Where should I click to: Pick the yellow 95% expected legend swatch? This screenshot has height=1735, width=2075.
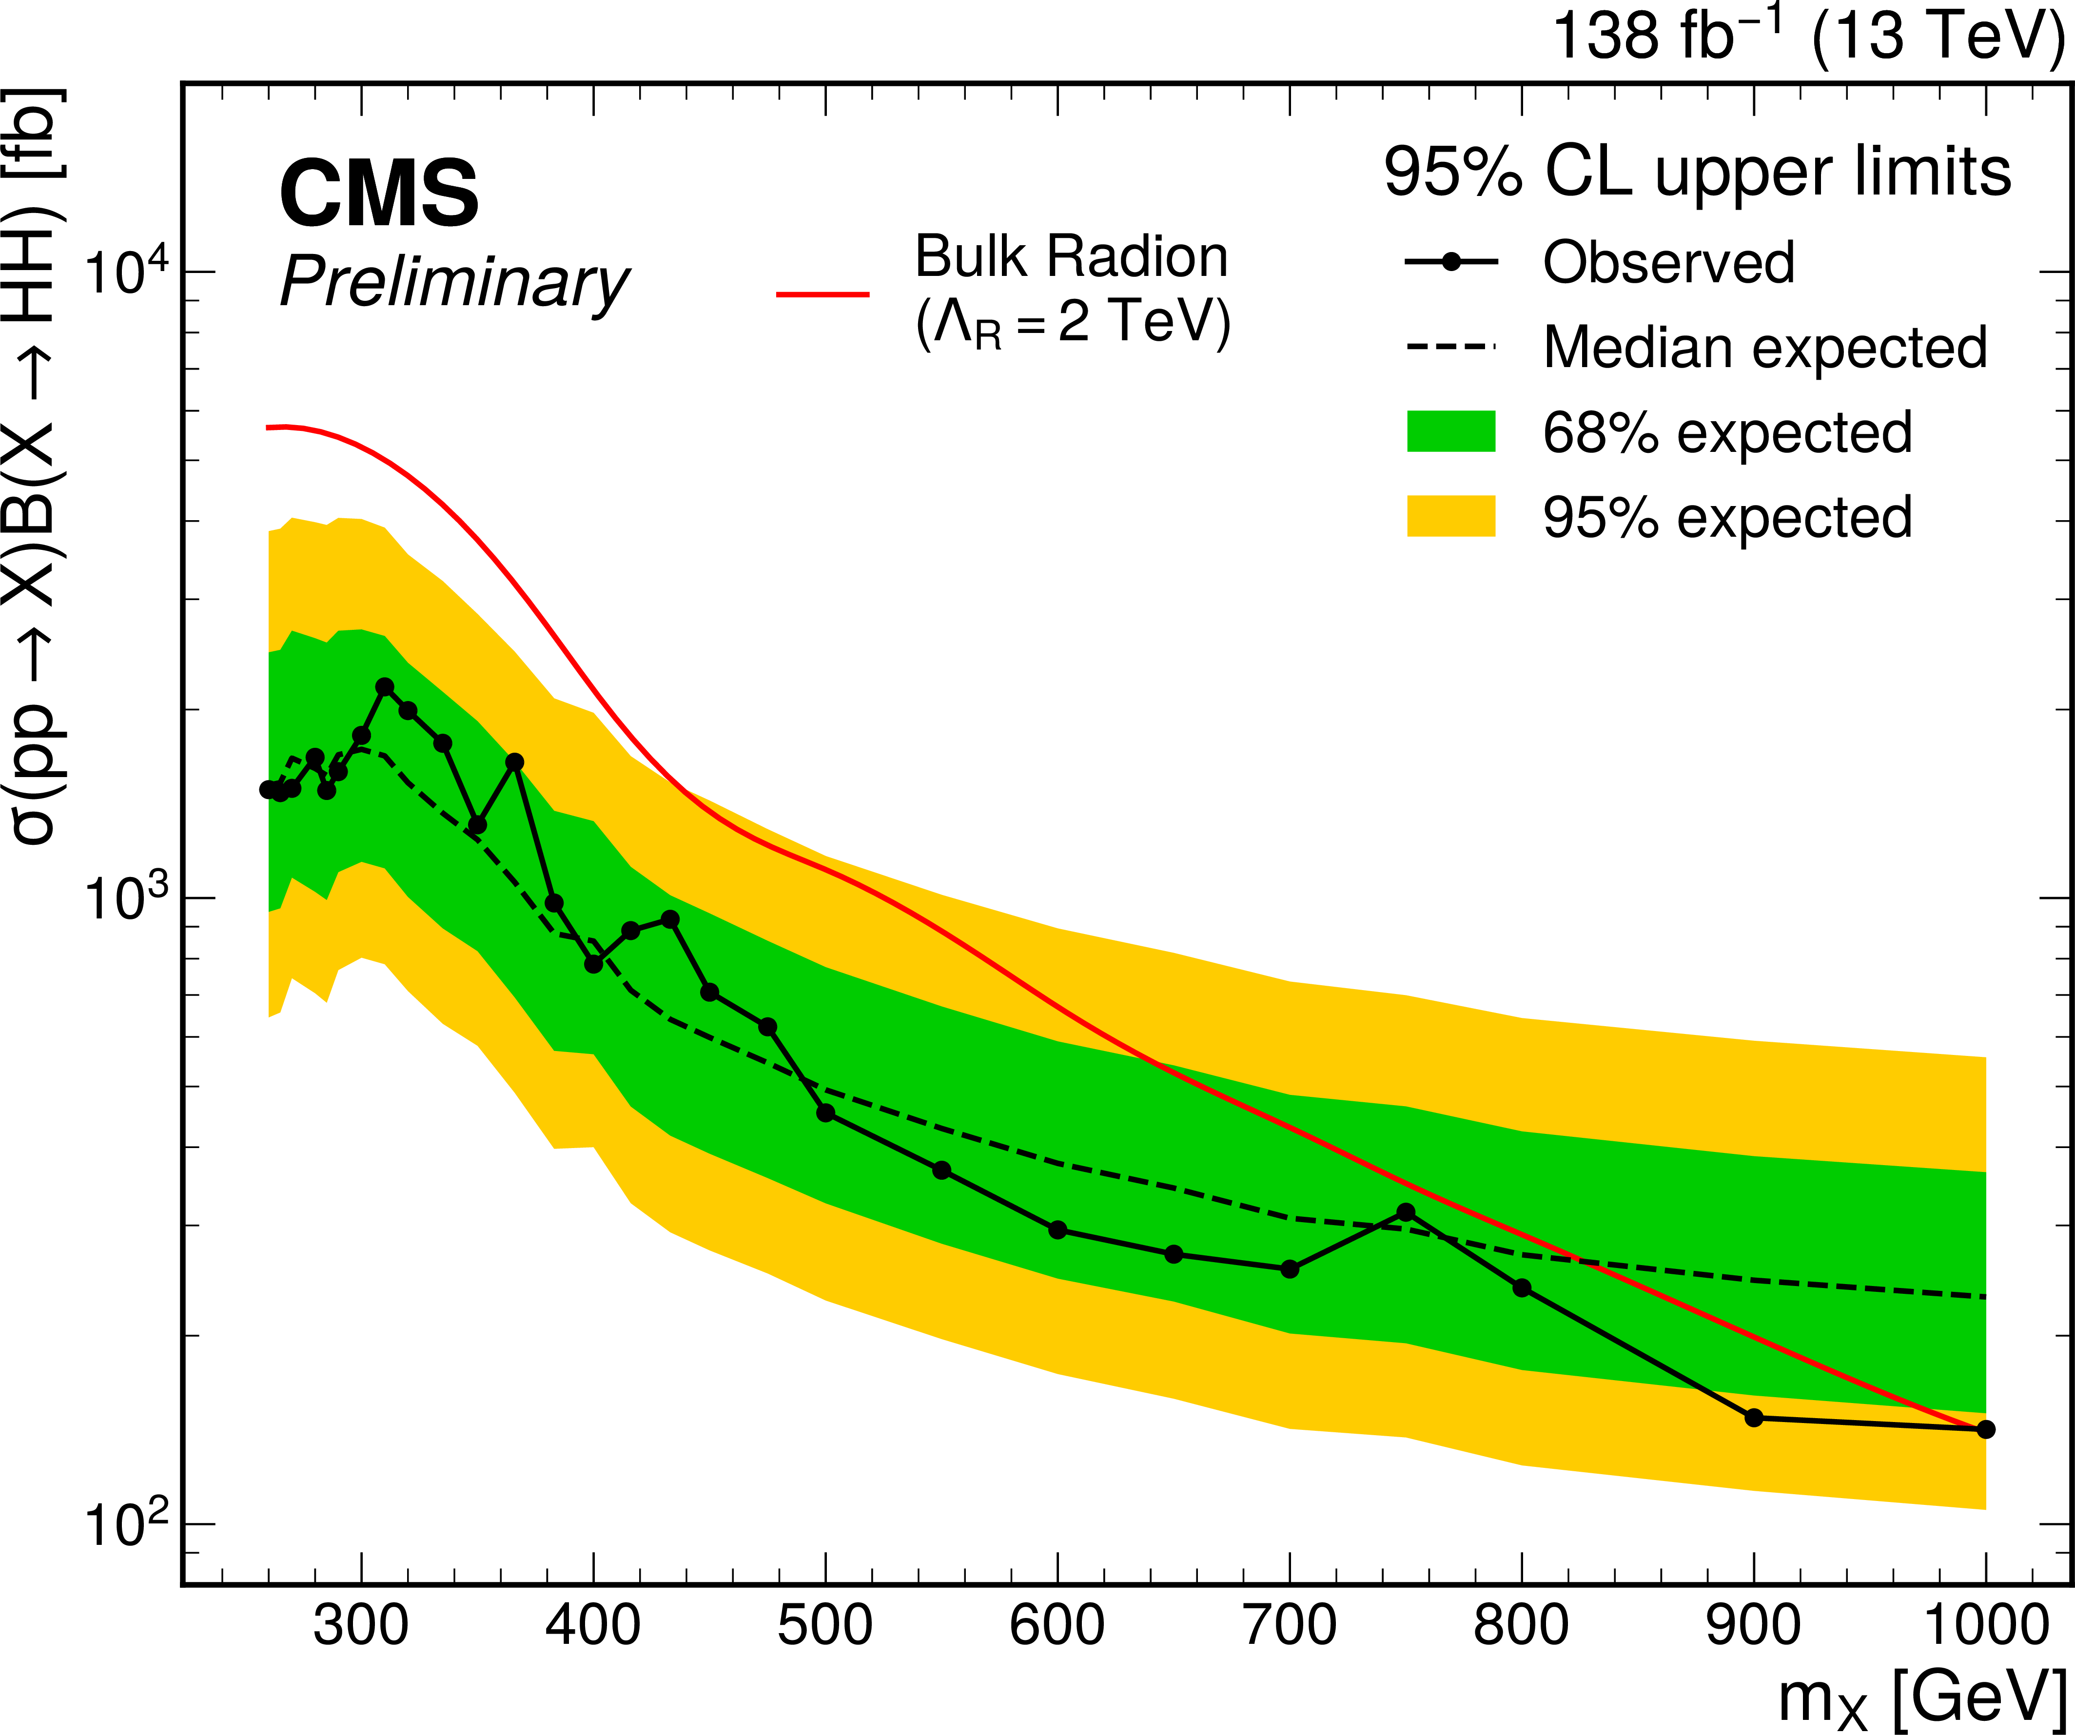coord(1450,516)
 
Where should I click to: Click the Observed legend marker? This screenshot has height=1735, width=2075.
coord(1450,262)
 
